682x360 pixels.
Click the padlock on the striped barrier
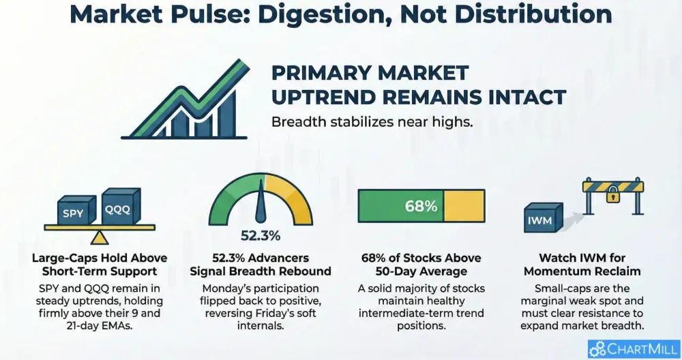tap(613, 194)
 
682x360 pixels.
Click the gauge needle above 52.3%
tap(261, 201)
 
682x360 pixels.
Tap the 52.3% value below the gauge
tap(261, 236)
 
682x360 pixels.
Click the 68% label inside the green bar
tap(421, 206)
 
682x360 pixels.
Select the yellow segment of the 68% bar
tap(464, 206)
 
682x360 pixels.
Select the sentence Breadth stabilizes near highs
tap(372, 122)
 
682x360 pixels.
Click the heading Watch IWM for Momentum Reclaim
tap(582, 265)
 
